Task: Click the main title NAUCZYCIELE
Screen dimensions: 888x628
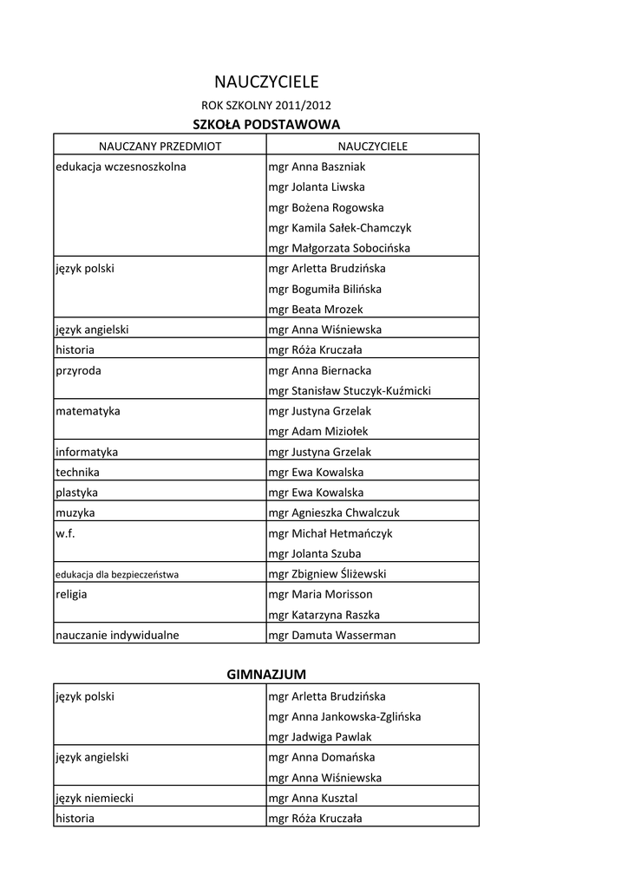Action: (266, 82)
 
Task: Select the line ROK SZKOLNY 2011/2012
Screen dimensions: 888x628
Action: (266, 106)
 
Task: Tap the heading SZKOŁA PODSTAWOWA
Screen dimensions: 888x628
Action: (266, 125)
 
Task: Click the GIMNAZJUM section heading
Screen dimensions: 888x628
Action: (266, 674)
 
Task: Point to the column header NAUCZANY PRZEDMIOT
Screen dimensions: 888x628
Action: (160, 146)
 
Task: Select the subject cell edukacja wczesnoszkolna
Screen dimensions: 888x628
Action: (121, 166)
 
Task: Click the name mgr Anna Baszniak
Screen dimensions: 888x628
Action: (317, 166)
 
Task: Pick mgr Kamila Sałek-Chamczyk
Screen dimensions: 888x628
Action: (340, 227)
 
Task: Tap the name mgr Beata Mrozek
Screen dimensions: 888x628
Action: (316, 309)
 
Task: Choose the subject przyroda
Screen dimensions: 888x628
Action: (78, 370)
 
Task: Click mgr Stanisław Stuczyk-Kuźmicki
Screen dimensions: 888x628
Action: (350, 390)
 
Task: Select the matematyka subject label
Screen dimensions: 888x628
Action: (88, 411)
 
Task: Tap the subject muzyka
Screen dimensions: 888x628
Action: (75, 513)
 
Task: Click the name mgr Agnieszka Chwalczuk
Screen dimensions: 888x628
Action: (334, 513)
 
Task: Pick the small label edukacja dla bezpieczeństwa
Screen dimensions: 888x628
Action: (116, 574)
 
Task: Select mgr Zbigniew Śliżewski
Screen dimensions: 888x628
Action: (327, 573)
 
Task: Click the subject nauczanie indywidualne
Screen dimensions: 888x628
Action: (117, 635)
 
